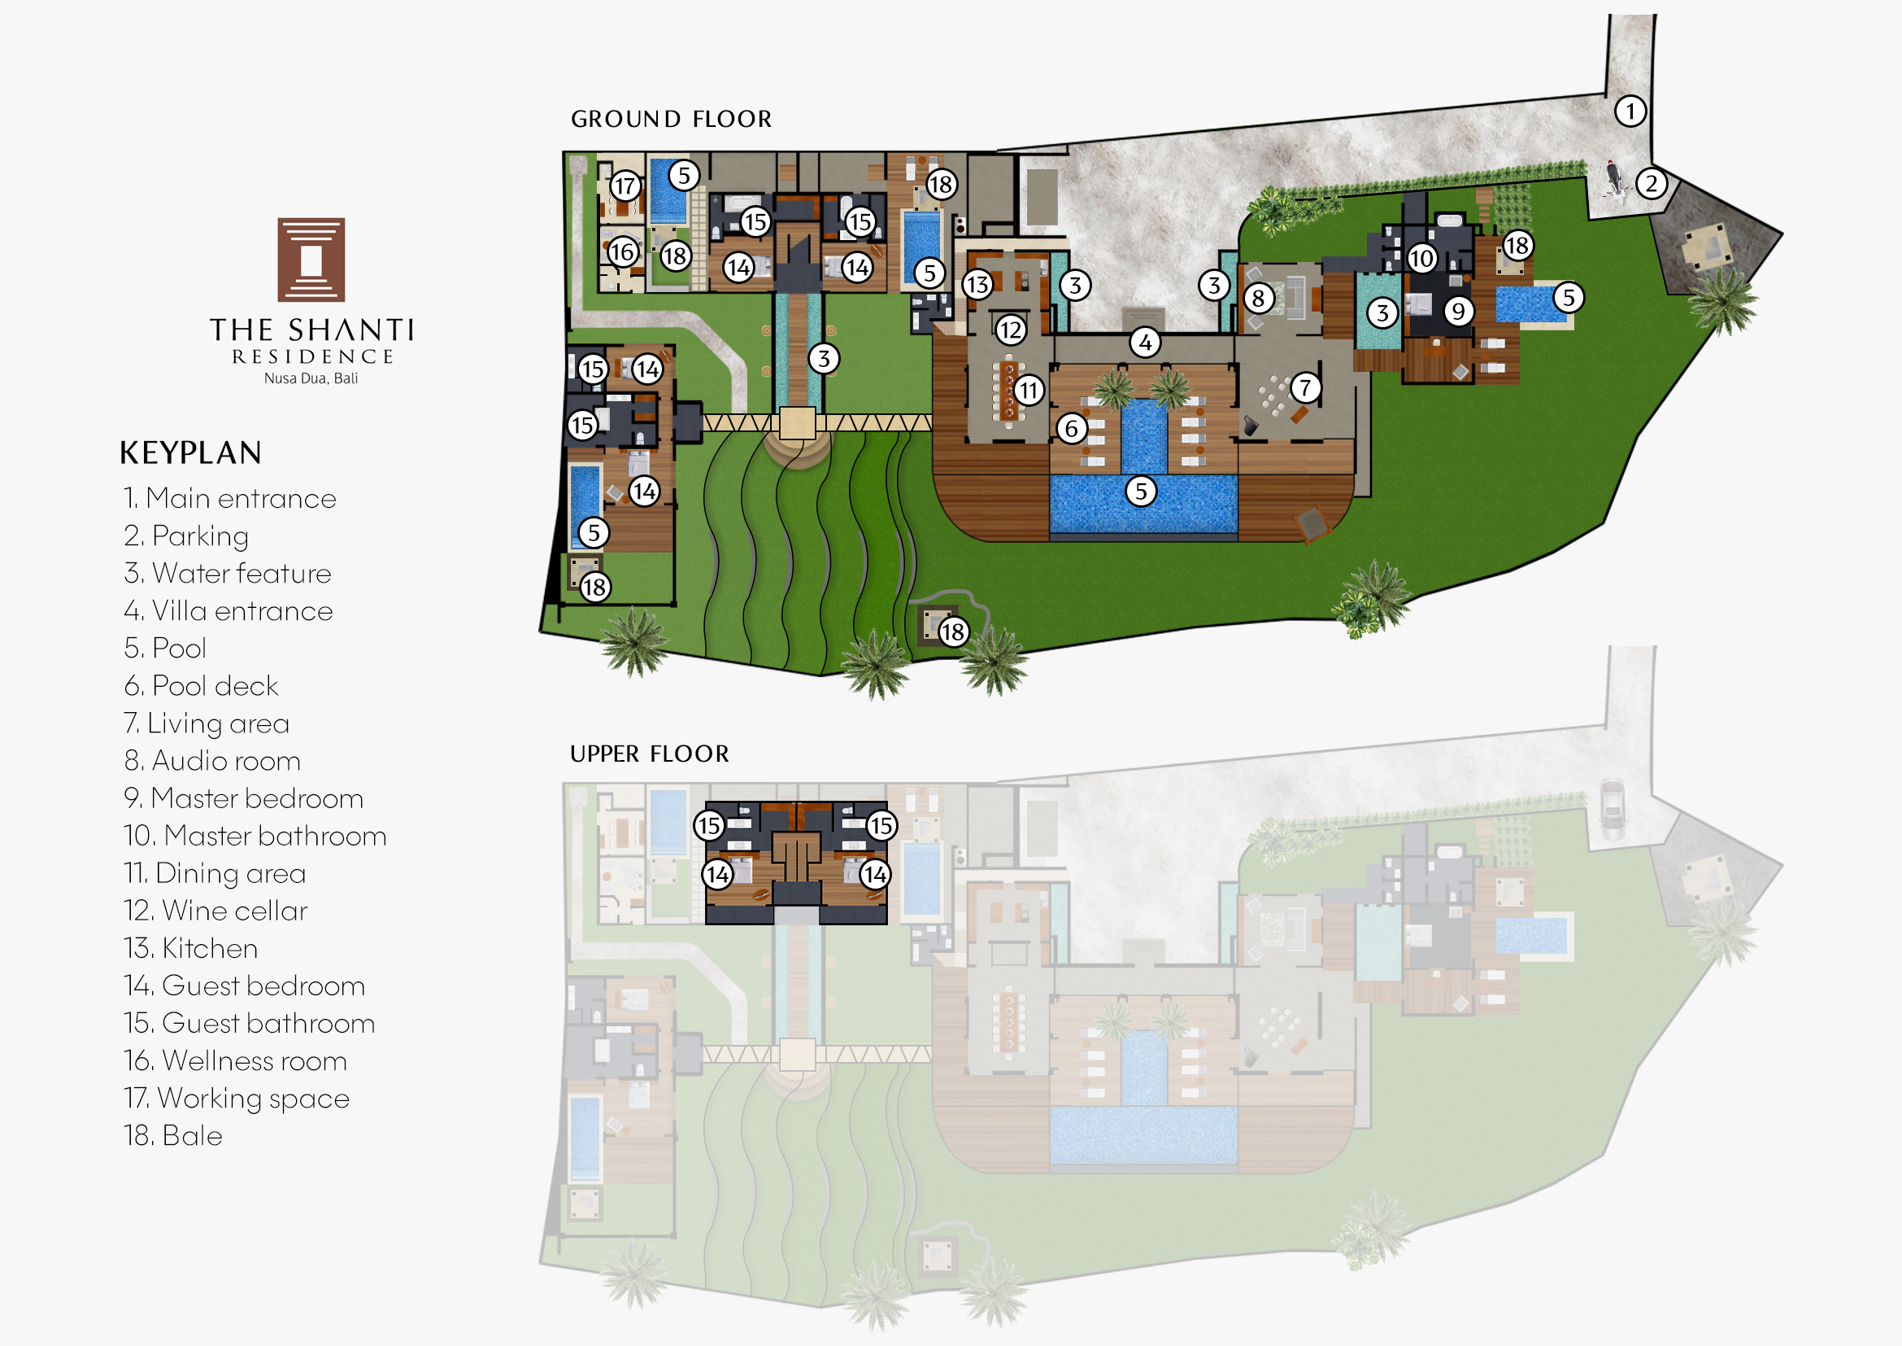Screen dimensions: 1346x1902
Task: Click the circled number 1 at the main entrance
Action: pyautogui.click(x=1630, y=111)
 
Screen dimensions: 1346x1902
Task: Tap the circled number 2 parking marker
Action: pyautogui.click(x=1651, y=183)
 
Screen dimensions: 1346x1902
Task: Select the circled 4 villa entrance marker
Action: pyautogui.click(x=1145, y=342)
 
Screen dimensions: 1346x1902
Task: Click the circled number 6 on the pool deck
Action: pyautogui.click(x=1071, y=429)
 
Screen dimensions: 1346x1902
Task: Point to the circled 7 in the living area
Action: pyautogui.click(x=1304, y=387)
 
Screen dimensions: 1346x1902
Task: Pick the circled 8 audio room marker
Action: pyautogui.click(x=1257, y=298)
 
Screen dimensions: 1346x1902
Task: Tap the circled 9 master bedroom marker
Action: pyautogui.click(x=1458, y=311)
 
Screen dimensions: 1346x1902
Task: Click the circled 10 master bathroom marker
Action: pyautogui.click(x=1421, y=259)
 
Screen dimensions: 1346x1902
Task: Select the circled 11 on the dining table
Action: pyautogui.click(x=1028, y=390)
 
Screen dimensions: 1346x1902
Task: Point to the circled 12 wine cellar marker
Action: pyautogui.click(x=1010, y=330)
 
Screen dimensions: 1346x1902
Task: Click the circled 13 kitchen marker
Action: pyautogui.click(x=977, y=285)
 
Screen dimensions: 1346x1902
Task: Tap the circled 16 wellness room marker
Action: pyautogui.click(x=622, y=251)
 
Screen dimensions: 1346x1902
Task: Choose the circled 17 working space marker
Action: pyautogui.click(x=625, y=186)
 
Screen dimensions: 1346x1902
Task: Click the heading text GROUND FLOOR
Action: pyautogui.click(x=671, y=120)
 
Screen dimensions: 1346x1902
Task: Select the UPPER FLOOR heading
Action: pyautogui.click(x=650, y=754)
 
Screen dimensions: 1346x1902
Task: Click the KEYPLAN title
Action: pyautogui.click(x=190, y=452)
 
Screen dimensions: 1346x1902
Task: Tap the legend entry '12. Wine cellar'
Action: pyautogui.click(x=215, y=910)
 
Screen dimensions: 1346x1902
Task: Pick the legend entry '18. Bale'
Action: pyautogui.click(x=173, y=1134)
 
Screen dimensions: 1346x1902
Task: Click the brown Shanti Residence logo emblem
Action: pyautogui.click(x=311, y=260)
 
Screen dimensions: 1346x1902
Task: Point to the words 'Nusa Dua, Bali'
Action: pyautogui.click(x=311, y=378)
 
